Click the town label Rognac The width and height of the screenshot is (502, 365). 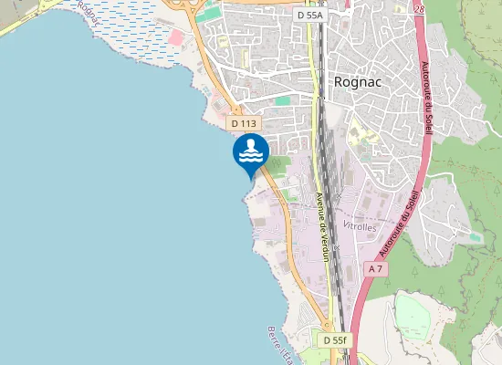click(357, 81)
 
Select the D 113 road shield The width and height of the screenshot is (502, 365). click(245, 123)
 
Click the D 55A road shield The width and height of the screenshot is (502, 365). click(312, 16)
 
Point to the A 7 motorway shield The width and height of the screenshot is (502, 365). click(375, 269)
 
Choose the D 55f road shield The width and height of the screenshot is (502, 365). click(335, 339)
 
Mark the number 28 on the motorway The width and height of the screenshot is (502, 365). click(418, 8)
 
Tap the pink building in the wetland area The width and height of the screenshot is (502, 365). click(174, 37)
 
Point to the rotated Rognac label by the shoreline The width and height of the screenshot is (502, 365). click(89, 11)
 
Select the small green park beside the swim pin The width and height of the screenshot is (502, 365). click(277, 163)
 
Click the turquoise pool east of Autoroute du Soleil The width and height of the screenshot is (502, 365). click(474, 236)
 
